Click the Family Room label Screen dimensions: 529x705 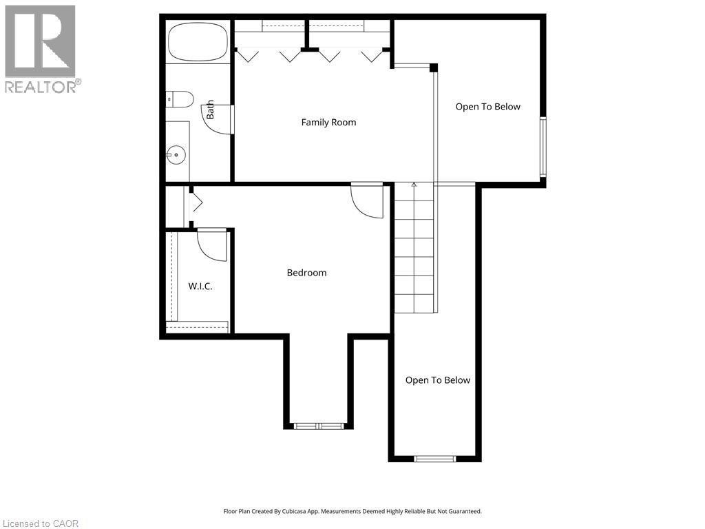point(328,123)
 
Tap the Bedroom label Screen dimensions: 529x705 point(306,273)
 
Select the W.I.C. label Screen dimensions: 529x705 point(200,286)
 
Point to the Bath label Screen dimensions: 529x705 point(211,109)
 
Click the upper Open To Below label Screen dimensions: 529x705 point(487,107)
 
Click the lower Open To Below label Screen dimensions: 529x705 point(437,380)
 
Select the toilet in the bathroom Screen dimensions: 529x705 point(180,99)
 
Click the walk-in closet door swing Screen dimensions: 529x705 point(212,245)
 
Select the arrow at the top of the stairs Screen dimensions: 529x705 point(414,185)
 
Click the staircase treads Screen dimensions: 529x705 point(414,248)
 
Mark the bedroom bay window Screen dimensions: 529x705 point(319,426)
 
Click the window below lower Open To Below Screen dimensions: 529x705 point(434,458)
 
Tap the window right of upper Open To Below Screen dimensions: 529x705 point(543,147)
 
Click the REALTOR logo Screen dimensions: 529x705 point(41,49)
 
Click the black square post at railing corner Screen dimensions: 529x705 point(434,68)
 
